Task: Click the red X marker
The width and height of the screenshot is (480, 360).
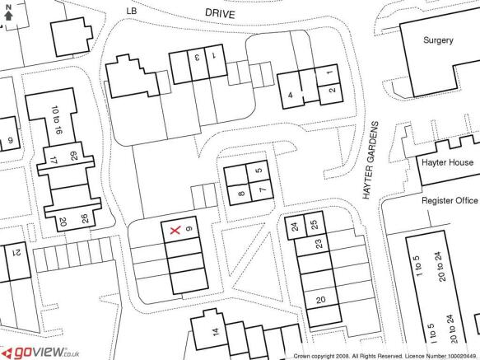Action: [x=175, y=231]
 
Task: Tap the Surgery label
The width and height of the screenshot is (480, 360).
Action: [x=438, y=40]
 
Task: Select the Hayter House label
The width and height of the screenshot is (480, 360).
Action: [x=447, y=162]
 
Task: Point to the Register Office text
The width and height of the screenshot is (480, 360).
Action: [x=450, y=200]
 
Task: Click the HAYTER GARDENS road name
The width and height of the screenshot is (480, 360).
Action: [x=370, y=161]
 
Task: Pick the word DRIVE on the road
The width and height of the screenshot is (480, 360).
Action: [x=220, y=13]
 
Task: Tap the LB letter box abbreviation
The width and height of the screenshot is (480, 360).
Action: [x=132, y=11]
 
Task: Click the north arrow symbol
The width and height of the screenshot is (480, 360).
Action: [x=8, y=13]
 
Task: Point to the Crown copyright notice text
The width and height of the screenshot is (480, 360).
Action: [x=386, y=356]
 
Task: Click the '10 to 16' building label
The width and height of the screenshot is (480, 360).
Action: [x=57, y=119]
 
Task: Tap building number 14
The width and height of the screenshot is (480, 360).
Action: [x=216, y=332]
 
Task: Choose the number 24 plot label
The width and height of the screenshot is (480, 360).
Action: [x=295, y=227]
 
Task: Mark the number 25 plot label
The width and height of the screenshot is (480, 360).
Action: [x=314, y=225]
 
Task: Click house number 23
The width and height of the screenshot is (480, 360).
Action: [x=319, y=244]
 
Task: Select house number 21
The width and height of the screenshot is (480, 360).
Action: [x=16, y=252]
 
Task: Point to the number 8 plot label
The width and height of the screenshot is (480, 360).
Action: [x=241, y=194]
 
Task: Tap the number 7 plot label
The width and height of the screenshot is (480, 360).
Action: [x=263, y=190]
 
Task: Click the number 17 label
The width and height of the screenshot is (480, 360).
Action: [x=54, y=161]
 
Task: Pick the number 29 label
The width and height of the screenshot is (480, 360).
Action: [x=74, y=156]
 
